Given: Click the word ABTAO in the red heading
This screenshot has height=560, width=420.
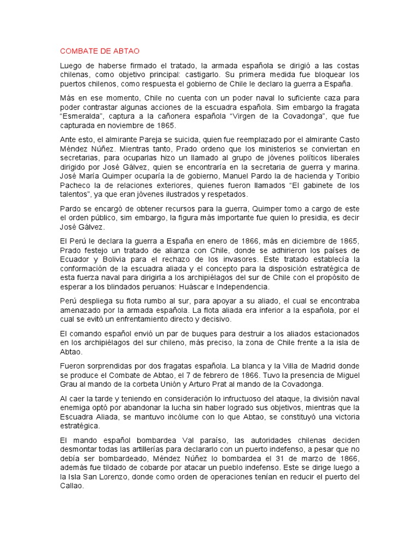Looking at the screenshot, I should [x=127, y=51].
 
